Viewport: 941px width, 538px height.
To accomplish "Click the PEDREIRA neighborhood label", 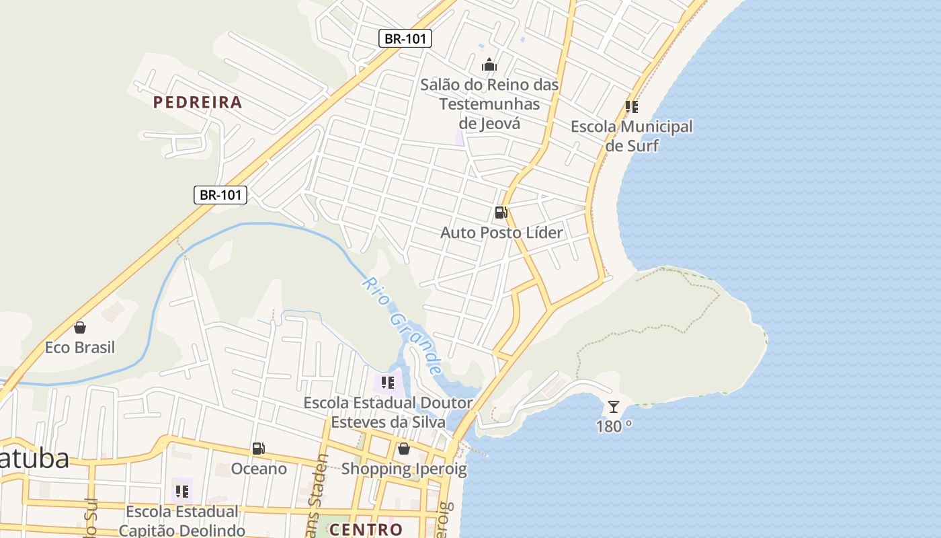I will (198, 102).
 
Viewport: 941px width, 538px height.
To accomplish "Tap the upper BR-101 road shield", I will (405, 38).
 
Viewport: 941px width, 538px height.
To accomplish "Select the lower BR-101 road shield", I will (220, 195).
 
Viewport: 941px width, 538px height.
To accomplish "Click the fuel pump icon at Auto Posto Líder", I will (501, 213).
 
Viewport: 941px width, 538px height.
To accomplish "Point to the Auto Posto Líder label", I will (501, 233).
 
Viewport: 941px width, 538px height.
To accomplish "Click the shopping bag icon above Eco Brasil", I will (80, 328).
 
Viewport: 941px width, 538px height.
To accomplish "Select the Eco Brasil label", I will (80, 348).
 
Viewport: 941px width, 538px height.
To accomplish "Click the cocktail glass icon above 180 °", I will (614, 406).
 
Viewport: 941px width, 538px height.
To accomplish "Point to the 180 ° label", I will (614, 426).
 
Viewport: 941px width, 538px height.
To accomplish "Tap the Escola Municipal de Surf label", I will (632, 136).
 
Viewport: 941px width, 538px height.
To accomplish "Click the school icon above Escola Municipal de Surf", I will (632, 106).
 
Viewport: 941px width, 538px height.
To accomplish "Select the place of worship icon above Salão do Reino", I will (489, 65).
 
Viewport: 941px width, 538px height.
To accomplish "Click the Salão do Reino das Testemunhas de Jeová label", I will (489, 104).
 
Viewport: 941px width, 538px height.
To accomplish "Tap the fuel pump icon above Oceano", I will (259, 449).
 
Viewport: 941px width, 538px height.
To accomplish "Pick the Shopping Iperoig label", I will (404, 469).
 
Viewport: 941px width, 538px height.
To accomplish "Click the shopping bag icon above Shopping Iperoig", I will (404, 449).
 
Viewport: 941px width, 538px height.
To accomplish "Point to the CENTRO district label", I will (366, 529).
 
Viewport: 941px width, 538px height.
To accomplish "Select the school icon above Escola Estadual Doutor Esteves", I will (388, 383).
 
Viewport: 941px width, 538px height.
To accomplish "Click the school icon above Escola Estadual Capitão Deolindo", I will (182, 492).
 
